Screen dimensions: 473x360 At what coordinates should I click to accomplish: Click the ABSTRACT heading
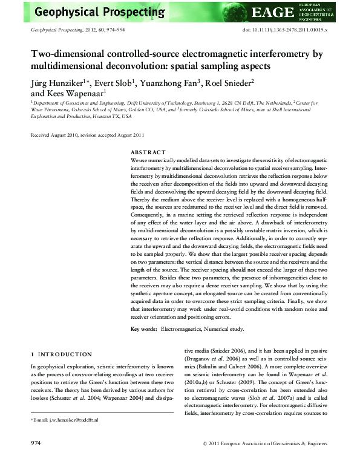pos(148,152)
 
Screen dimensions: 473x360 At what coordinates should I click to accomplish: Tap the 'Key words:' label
pos(144,329)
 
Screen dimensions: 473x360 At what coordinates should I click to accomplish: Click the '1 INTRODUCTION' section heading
pos(61,354)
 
